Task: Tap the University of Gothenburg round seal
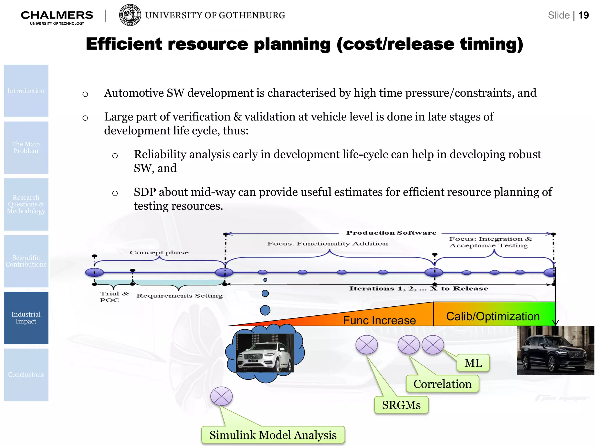tap(130, 15)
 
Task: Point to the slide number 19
tap(583, 15)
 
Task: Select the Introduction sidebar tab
tap(26, 91)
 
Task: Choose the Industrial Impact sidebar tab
tap(26, 318)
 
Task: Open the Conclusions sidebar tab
tap(26, 375)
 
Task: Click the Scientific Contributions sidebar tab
tap(26, 261)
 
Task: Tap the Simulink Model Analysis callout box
tap(273, 435)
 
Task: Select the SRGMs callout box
tap(401, 405)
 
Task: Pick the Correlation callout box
tap(442, 384)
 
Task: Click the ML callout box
tap(473, 363)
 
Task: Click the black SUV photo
tap(555, 350)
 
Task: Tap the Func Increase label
tap(379, 320)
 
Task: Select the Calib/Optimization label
tap(493, 316)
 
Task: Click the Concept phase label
tap(159, 253)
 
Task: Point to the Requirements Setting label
tap(180, 296)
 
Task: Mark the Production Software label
tap(391, 233)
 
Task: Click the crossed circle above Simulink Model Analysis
tap(221, 396)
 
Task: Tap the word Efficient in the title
tap(124, 44)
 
